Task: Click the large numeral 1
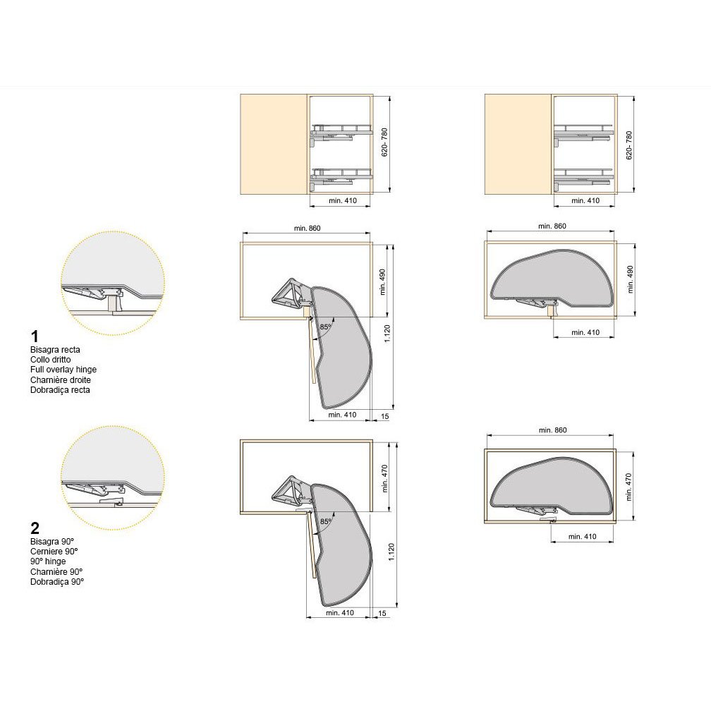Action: point(35,336)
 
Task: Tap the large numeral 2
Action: point(35,528)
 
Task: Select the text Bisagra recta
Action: point(55,350)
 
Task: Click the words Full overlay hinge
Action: point(63,370)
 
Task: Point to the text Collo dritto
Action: point(50,360)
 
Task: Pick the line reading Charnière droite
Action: point(61,380)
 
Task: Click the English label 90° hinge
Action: point(48,561)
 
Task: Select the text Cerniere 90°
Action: point(54,552)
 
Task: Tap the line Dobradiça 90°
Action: point(57,582)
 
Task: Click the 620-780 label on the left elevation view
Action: point(384,142)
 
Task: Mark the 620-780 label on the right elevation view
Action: point(628,145)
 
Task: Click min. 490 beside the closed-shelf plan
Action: point(630,279)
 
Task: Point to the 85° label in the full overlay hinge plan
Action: point(326,327)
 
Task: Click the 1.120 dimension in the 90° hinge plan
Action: point(391,552)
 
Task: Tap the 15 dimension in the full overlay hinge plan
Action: point(384,416)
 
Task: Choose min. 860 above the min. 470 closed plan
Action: point(553,430)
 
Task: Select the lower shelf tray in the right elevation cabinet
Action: point(583,177)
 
